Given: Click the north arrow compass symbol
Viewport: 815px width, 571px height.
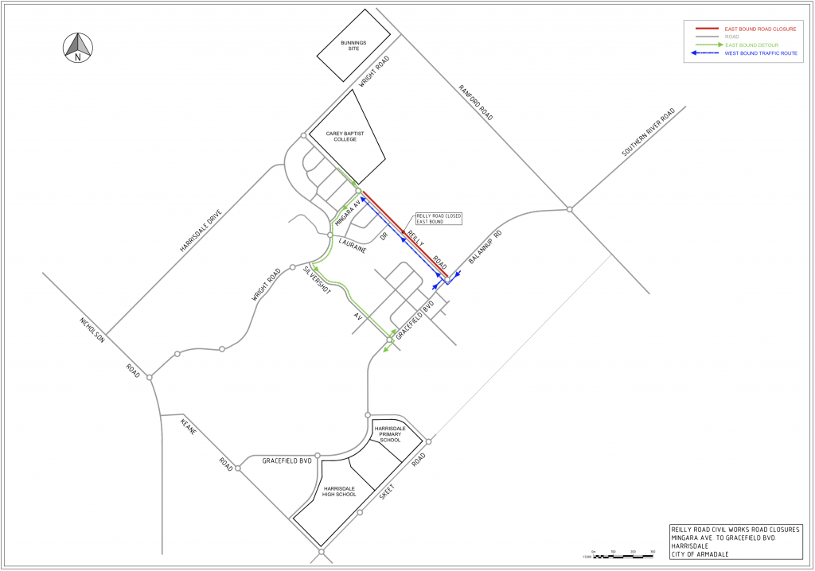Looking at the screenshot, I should click(x=77, y=47).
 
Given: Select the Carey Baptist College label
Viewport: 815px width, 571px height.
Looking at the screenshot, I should click(x=345, y=137).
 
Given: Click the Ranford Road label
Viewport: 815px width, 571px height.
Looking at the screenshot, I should click(x=475, y=102).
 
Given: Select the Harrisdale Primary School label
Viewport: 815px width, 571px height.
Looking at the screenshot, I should click(x=391, y=434).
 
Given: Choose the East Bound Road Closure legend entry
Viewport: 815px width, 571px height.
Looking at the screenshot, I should click(x=759, y=29).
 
